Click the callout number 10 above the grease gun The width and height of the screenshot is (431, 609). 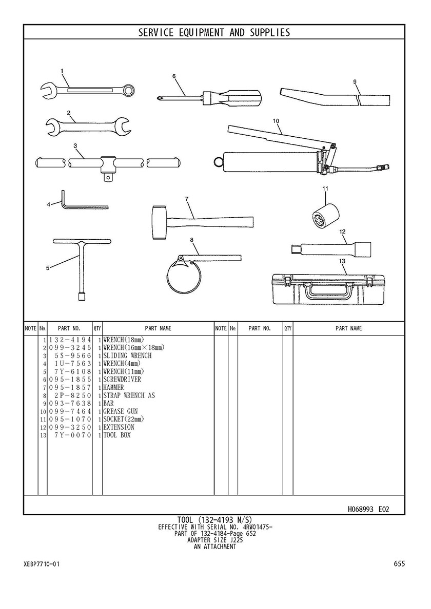pos(276,121)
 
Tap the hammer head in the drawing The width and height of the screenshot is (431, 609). pos(159,222)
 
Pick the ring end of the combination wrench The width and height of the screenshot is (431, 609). pos(129,90)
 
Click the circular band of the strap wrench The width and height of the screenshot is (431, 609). pos(179,276)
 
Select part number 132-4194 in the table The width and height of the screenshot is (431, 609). pos(70,340)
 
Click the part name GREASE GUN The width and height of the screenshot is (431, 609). pos(121,411)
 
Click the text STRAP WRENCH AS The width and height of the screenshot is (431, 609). pos(129,395)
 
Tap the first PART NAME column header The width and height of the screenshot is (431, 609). pos(158,328)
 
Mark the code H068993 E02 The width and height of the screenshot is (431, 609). pos(368,509)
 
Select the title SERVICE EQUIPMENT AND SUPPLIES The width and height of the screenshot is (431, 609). pos(214,33)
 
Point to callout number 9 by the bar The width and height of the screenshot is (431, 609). pos(355,82)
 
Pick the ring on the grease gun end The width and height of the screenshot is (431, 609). pos(219,161)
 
